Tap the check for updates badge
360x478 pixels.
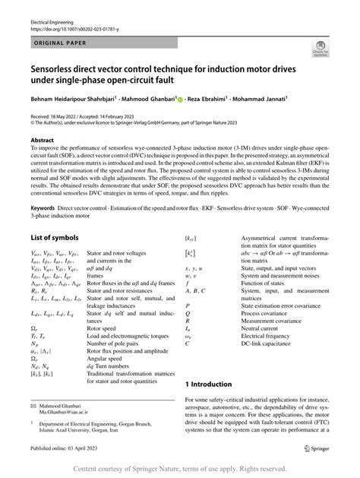[x=321, y=51]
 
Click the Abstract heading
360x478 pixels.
[x=43, y=141]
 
